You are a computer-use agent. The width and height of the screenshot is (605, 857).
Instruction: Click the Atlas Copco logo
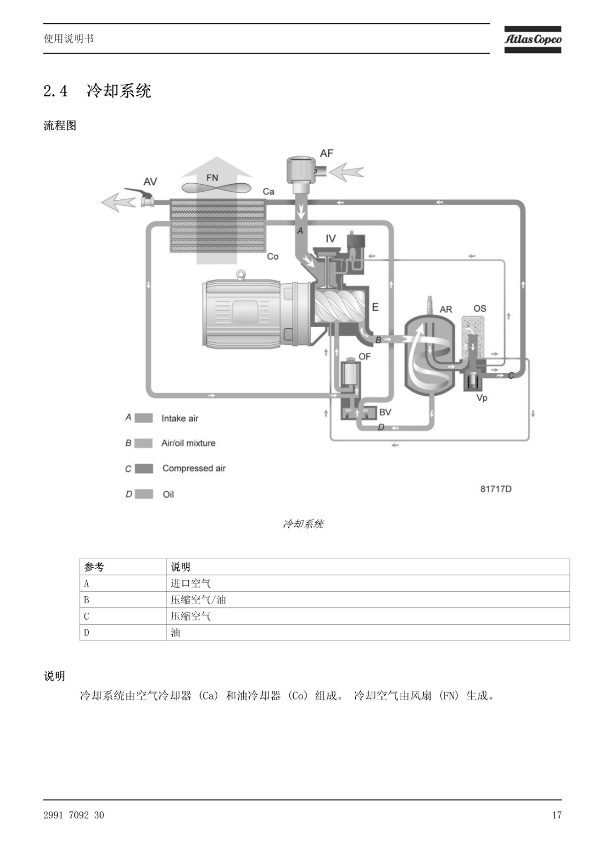coord(532,39)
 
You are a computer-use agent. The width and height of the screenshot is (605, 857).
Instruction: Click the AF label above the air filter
coord(326,153)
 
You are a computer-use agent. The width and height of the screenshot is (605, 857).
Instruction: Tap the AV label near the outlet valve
coord(150,182)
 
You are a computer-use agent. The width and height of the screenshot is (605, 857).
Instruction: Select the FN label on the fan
coord(212,177)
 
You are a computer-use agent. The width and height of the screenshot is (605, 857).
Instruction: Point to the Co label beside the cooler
coord(272,257)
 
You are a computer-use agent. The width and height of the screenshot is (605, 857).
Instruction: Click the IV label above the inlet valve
coord(331,239)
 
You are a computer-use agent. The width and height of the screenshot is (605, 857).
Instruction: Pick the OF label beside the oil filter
coord(364,357)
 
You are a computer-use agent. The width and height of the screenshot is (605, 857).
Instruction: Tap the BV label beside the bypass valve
coord(385,412)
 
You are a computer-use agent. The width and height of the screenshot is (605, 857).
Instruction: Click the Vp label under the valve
coord(482,398)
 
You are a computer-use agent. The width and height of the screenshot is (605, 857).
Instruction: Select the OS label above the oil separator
coord(480,309)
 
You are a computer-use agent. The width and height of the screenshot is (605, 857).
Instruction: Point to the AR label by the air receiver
coord(446,309)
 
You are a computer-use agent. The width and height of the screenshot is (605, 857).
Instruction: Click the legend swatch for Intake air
coord(144,418)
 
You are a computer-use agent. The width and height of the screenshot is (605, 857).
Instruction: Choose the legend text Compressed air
coord(194,468)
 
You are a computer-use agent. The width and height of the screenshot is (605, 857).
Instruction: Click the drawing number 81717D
coord(496,489)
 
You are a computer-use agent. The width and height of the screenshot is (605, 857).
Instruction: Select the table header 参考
coord(94,567)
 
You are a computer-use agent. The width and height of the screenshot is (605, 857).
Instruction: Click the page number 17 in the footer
coord(557,815)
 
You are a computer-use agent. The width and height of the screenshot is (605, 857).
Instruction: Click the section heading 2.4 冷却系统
coord(97,91)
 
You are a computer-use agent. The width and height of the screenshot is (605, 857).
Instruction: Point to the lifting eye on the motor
coord(241,274)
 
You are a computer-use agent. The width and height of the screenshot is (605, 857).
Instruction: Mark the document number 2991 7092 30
coord(74,815)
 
